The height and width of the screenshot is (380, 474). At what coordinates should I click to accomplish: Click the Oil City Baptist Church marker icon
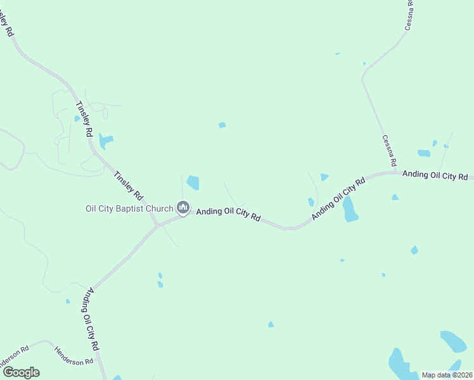pos(183,207)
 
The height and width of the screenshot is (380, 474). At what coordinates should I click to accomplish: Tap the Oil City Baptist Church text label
pos(129,208)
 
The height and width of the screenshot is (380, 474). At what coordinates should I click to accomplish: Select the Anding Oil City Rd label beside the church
pos(228,215)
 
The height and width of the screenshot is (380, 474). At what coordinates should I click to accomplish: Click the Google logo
pos(21,372)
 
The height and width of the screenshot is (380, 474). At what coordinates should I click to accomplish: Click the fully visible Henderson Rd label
pos(74,355)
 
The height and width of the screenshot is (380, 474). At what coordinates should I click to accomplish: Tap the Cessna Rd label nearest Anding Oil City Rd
pos(389,151)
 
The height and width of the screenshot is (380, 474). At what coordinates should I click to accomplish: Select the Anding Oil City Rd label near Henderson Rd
pos(91,320)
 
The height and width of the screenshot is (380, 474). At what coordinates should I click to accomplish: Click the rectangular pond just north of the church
pos(193,183)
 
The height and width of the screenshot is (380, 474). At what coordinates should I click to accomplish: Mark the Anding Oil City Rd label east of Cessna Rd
pos(435,175)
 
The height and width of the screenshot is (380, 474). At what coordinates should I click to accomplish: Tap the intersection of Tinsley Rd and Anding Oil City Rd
pos(158,225)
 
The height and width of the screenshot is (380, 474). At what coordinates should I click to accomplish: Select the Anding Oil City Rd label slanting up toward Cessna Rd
pos(339,199)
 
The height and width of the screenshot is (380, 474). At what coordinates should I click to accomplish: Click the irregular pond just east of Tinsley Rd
pos(106,141)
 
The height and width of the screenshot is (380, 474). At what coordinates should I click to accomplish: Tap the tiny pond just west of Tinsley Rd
pos(77,118)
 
